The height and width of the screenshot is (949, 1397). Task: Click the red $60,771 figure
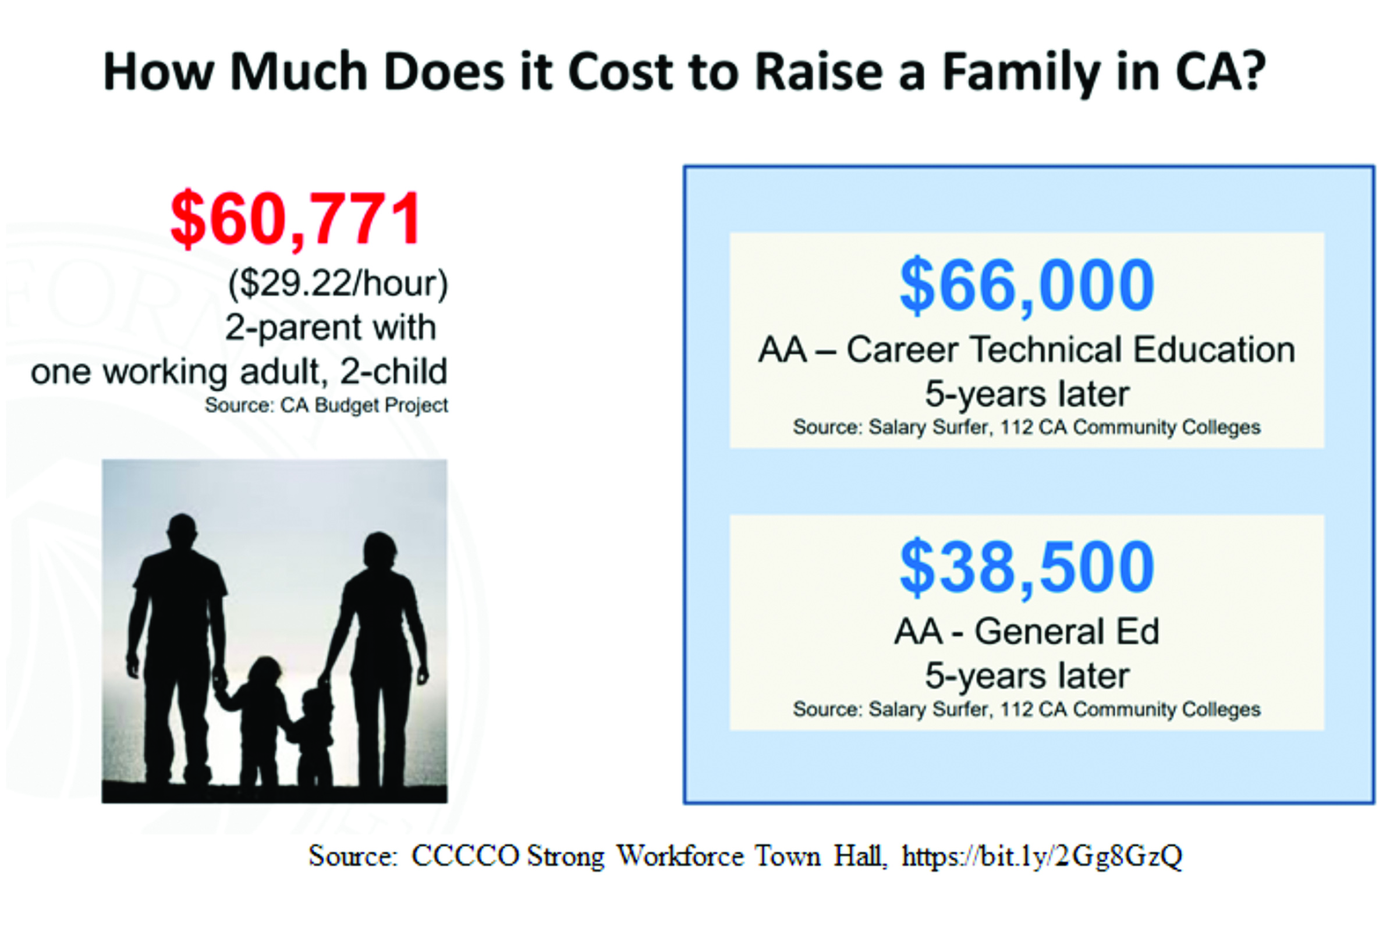(296, 219)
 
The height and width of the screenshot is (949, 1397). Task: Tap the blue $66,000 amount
(1027, 286)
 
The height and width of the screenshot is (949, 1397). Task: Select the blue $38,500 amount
(1027, 567)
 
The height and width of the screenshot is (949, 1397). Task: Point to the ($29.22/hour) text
(338, 283)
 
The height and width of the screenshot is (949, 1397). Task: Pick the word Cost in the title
(621, 72)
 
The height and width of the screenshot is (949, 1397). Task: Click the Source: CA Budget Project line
(327, 406)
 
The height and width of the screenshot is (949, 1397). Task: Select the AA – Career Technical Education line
(1027, 350)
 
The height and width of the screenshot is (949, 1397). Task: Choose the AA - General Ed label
(1027, 632)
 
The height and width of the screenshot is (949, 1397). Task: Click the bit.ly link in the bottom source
(1042, 856)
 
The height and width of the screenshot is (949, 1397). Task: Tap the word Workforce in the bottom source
(680, 855)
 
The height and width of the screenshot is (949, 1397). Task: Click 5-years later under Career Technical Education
(1027, 394)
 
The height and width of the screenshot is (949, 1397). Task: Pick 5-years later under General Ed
(1027, 676)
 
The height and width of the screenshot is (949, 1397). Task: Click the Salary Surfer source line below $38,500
(1027, 710)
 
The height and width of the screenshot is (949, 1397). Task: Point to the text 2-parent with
(331, 328)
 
